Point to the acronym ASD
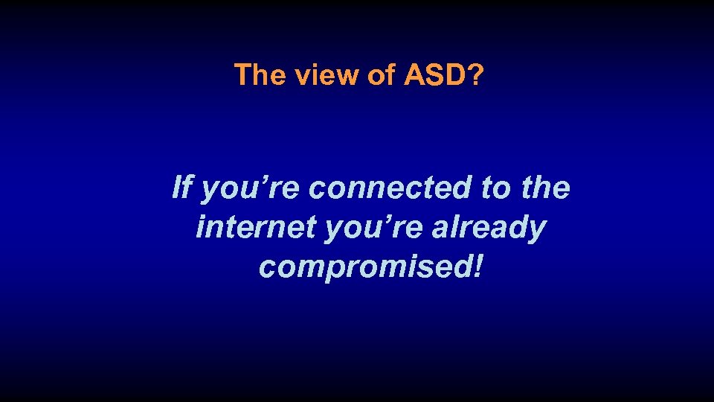tap(434, 75)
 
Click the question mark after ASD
tap(474, 75)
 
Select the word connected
tap(391, 188)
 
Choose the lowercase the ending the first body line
tap(545, 188)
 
